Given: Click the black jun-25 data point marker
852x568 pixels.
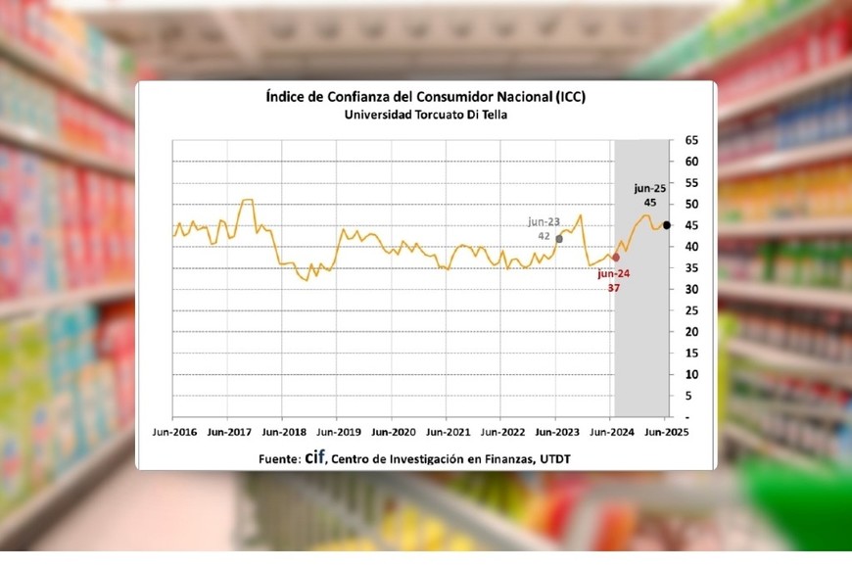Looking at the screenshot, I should coord(667,225).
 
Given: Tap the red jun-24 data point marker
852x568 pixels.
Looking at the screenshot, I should coord(615,257).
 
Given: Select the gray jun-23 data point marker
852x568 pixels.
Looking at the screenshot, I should coord(559,238).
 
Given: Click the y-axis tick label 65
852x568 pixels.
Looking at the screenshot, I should coord(691,141).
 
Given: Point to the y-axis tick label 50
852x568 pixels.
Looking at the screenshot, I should coord(691,205).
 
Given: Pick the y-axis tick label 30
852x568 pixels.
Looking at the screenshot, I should coord(691,290).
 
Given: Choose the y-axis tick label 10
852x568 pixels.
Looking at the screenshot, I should coord(691,375).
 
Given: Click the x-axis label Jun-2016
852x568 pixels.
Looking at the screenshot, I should coord(175,431).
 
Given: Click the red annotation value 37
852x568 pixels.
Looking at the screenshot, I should coord(613,288).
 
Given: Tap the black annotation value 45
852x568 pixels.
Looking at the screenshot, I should coord(650,203).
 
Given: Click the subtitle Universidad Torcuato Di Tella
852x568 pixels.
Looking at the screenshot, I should coord(425,115).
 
